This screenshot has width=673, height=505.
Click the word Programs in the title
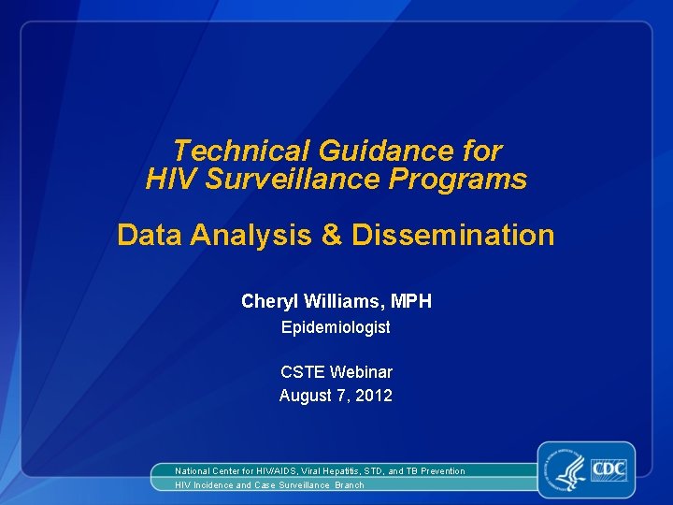click(471, 179)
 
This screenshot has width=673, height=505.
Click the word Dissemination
click(452, 235)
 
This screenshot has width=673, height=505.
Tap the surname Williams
click(343, 301)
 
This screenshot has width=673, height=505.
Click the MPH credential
click(411, 301)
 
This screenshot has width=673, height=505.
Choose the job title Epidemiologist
click(336, 328)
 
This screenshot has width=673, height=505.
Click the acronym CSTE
click(302, 372)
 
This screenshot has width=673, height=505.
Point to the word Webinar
click(361, 372)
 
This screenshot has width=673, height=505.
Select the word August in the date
click(305, 396)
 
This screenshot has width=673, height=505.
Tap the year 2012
click(374, 396)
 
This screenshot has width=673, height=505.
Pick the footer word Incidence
click(215, 485)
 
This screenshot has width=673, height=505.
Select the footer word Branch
click(350, 485)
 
